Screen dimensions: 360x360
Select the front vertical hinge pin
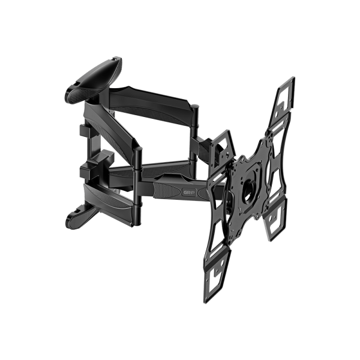(x=139, y=180)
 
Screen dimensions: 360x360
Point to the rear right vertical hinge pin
(x=196, y=135)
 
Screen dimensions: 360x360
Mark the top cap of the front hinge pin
(x=139, y=150)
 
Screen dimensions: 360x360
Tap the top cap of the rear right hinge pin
(x=196, y=107)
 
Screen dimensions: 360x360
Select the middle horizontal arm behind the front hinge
(x=168, y=162)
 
